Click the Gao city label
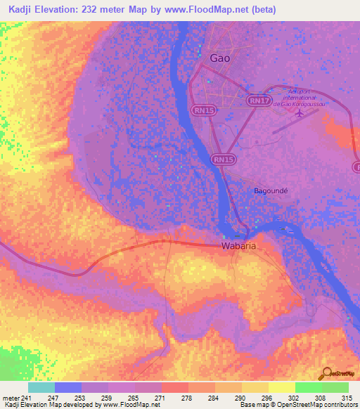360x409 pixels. click(x=220, y=58)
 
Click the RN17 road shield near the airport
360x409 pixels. click(x=259, y=101)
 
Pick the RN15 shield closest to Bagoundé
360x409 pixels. click(x=223, y=160)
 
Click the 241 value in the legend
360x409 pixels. click(x=28, y=398)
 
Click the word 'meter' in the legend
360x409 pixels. click(x=10, y=398)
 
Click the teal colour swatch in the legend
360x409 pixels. click(x=41, y=388)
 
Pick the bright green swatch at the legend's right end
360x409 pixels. click(x=335, y=388)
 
